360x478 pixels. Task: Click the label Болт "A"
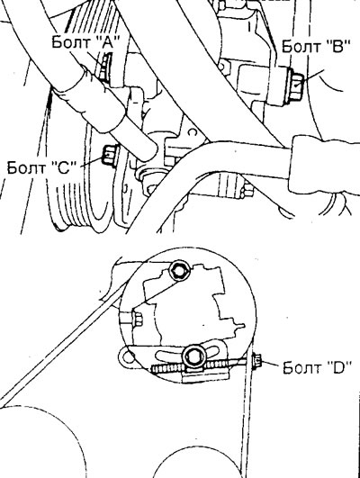(85, 41)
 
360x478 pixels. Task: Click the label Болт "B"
(315, 46)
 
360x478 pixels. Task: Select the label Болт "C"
(41, 167)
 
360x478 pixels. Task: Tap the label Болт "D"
(318, 367)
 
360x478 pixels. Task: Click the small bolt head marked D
(256, 362)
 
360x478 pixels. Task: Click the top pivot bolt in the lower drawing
(179, 270)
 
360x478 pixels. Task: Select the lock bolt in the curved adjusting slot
(193, 356)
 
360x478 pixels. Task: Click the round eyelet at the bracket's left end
(128, 356)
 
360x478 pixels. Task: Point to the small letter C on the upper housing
(192, 132)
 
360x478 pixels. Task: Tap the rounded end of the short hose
(150, 151)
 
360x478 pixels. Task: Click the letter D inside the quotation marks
(340, 368)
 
